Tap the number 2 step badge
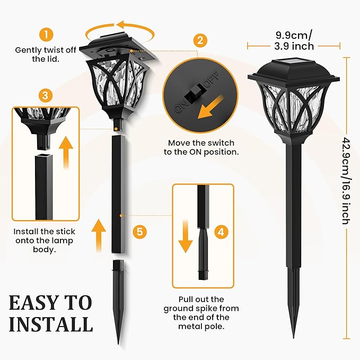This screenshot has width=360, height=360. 199,40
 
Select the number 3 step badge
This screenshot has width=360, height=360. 46,95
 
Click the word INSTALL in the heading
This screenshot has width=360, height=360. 50,324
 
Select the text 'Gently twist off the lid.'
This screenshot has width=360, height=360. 46,54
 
